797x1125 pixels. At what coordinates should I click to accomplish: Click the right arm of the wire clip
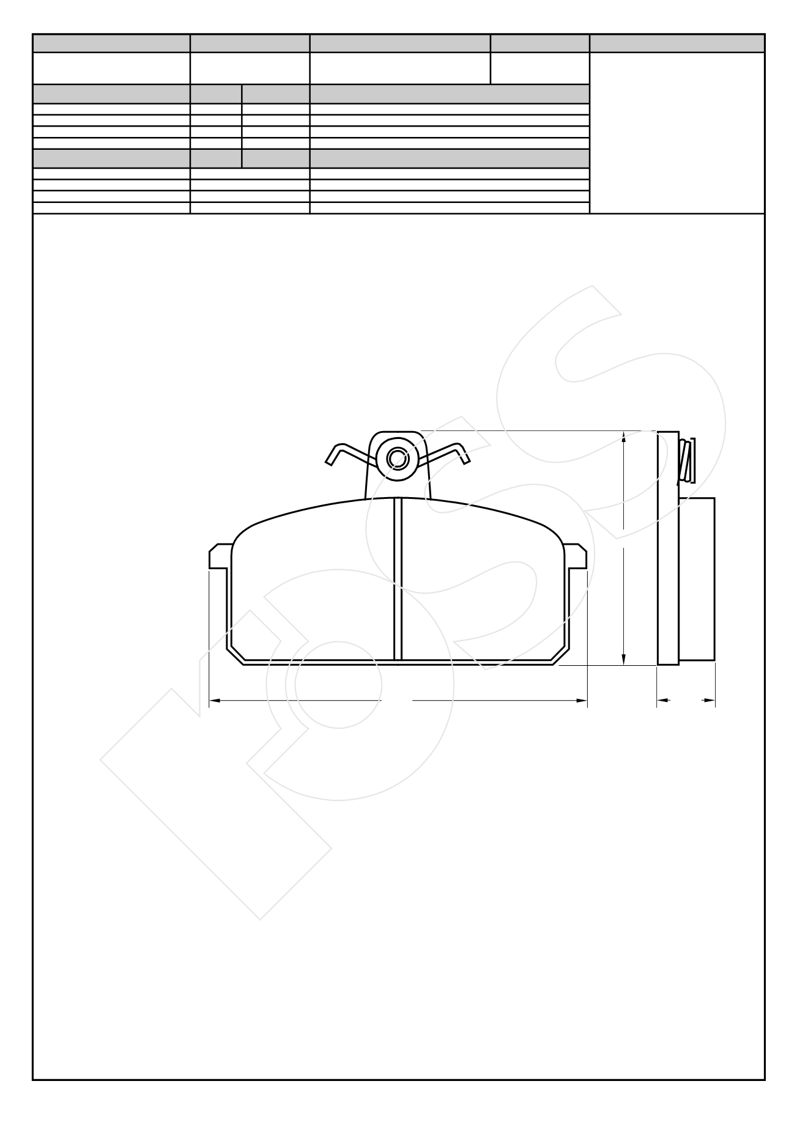453,452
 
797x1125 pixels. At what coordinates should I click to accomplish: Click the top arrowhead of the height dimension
623,437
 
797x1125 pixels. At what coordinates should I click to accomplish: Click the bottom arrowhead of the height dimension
623,660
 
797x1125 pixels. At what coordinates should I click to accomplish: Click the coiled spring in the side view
688,460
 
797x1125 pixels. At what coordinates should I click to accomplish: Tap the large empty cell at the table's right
677,133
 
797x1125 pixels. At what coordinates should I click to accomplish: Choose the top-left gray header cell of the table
111,43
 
